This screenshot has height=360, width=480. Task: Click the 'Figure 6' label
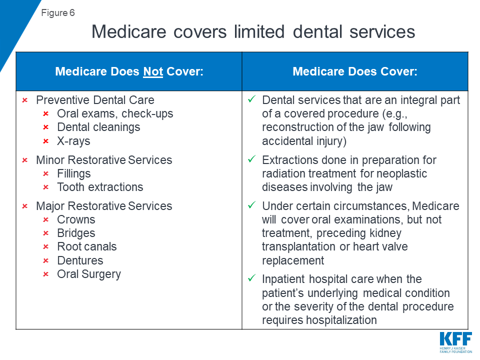click(58, 13)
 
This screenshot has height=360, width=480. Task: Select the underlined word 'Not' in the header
click(153, 71)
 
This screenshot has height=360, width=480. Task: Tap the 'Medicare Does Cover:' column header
click(354, 71)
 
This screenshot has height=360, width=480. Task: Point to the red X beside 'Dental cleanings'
click(45, 127)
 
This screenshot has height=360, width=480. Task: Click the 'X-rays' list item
click(73, 141)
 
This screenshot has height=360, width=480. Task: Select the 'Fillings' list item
click(74, 173)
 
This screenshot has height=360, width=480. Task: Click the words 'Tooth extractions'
click(100, 187)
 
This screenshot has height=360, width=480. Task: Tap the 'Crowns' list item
click(76, 219)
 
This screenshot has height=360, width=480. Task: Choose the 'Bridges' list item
click(76, 233)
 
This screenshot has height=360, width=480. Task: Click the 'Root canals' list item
click(86, 246)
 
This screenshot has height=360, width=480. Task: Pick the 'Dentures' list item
click(80, 260)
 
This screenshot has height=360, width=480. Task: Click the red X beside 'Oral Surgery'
click(45, 274)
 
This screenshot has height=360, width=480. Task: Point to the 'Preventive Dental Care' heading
click(95, 100)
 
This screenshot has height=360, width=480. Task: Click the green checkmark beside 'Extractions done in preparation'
click(252, 159)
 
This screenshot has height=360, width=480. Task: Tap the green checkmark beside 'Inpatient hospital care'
click(252, 278)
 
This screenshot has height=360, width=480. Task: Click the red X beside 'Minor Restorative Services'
click(24, 160)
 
